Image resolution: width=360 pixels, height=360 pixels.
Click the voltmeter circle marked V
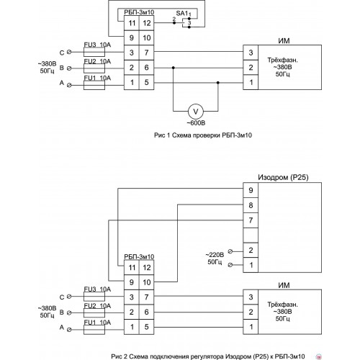tap(196, 112)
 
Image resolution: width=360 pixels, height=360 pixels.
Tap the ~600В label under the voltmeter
tap(196, 123)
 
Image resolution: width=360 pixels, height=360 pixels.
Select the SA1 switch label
tap(182, 14)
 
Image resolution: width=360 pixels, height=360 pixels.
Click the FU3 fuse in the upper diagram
tap(94, 52)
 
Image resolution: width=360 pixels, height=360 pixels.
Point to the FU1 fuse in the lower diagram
tap(94, 330)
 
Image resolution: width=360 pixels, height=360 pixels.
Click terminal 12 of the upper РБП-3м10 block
tap(147, 23)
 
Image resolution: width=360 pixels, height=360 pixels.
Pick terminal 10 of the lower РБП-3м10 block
tap(147, 282)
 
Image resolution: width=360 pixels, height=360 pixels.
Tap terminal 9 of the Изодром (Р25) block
tap(251, 190)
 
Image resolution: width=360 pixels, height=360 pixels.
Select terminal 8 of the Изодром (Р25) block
tap(251, 205)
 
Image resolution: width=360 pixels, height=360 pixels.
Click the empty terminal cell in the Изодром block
tap(251, 235)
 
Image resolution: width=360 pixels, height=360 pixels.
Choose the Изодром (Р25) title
tap(283, 177)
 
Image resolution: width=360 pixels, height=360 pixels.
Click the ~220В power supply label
tap(215, 255)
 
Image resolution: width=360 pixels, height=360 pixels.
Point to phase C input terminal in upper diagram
tap(69, 52)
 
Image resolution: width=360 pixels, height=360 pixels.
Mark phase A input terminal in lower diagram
tap(69, 330)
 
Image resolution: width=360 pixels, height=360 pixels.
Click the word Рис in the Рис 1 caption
tap(159, 135)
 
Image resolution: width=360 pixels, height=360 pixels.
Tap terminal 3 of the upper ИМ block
tap(251, 53)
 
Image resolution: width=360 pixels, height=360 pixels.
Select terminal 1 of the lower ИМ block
tap(251, 327)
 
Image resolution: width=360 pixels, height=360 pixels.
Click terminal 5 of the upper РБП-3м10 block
tap(147, 82)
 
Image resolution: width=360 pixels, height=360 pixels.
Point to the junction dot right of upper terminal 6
tap(174, 68)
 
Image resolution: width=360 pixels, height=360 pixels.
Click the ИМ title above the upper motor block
tap(284, 41)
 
